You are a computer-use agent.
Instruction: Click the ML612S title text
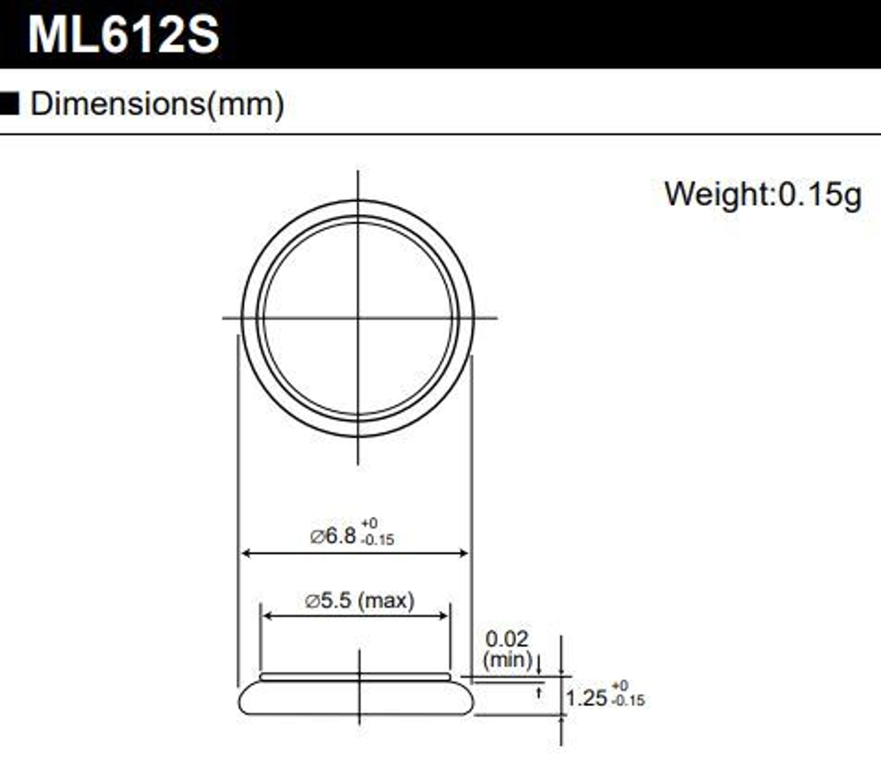122,35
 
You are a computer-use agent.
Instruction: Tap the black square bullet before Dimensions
10,105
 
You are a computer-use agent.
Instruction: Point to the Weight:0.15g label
762,194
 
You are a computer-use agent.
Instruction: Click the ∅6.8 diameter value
332,535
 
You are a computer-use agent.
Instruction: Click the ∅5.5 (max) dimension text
359,601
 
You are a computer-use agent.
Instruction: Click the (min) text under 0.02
507,659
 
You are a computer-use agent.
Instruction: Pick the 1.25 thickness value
586,698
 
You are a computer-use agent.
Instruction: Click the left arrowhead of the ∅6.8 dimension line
247,554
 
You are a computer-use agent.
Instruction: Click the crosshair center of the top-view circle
358,318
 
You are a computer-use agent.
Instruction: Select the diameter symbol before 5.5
312,602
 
